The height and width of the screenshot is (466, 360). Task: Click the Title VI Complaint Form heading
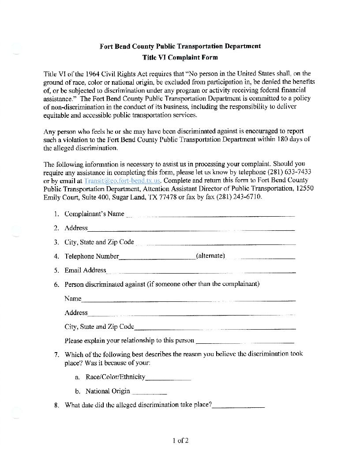tap(180, 57)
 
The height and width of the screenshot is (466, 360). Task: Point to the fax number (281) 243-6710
tap(240, 197)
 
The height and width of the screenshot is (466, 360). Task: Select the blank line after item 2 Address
tap(191, 229)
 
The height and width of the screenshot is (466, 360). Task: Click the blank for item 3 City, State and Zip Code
tap(215, 244)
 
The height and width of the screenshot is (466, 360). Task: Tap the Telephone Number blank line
tap(157, 258)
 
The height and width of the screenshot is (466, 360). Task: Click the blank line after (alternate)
tap(261, 258)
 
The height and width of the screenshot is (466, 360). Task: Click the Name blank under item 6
tap(188, 300)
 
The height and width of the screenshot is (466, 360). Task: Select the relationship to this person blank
tap(244, 342)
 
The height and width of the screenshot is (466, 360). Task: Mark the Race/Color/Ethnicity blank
tap(168, 379)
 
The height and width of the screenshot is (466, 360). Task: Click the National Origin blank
tap(149, 393)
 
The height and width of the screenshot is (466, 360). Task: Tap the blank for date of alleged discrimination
tap(239, 406)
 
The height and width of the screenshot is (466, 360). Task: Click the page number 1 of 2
tap(180, 440)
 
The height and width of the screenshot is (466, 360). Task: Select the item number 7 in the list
tap(56, 354)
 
